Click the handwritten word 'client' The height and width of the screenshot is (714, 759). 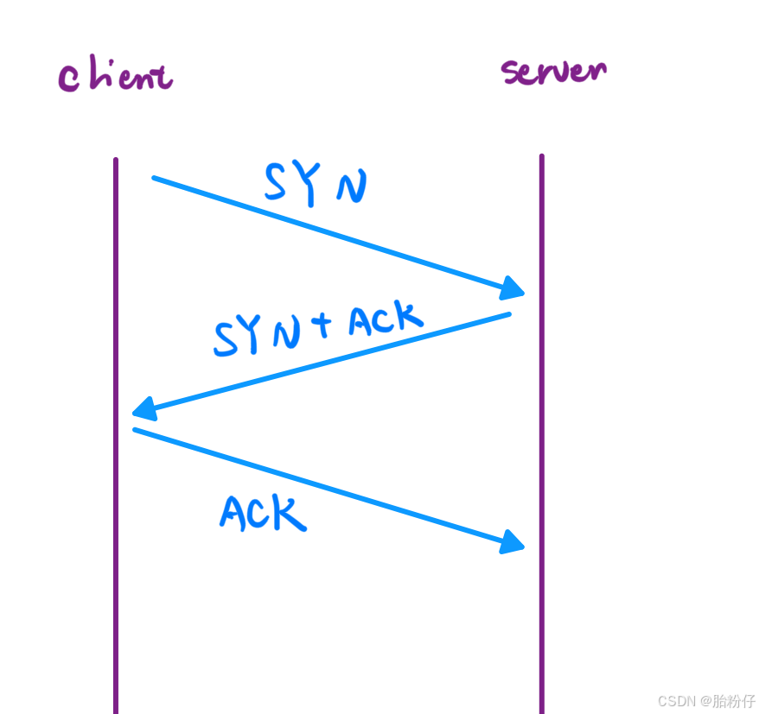[x=115, y=77]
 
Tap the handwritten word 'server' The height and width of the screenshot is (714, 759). [x=554, y=71]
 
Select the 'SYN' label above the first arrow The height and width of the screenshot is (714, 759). [x=316, y=184]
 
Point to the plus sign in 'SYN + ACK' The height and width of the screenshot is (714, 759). [x=321, y=325]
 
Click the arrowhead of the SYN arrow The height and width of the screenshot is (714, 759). [x=515, y=288]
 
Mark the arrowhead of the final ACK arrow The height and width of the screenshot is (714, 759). [x=515, y=542]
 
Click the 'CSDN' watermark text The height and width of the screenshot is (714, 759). [x=675, y=700]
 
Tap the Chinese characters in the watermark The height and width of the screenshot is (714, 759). [x=733, y=700]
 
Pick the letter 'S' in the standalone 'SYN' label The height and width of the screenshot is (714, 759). [x=277, y=182]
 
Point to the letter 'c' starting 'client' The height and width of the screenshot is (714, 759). [x=68, y=79]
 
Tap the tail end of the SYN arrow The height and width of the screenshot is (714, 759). [x=156, y=179]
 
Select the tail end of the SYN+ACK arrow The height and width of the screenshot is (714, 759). [x=508, y=314]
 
